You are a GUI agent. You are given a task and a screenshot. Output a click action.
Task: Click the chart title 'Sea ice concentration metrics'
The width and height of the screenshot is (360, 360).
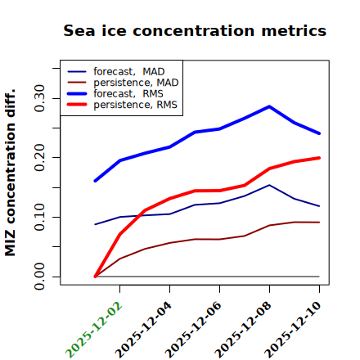[195, 30]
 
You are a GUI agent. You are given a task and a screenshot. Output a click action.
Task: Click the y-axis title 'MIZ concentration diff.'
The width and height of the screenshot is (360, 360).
[10, 173]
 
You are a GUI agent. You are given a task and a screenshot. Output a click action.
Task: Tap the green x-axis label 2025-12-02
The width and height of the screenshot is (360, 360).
[94, 330]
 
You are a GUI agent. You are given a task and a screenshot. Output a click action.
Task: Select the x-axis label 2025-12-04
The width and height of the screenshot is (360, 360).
[143, 330]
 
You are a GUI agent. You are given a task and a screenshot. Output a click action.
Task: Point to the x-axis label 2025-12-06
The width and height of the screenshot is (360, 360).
[193, 330]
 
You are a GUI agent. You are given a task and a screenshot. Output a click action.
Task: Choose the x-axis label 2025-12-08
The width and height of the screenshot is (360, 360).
[243, 330]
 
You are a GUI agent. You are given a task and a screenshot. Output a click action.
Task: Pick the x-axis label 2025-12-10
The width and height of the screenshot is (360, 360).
[293, 330]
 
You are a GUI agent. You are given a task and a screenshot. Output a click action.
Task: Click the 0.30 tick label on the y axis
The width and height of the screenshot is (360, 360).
[40, 98]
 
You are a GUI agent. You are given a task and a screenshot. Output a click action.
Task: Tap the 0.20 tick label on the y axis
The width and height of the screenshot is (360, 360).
[40, 158]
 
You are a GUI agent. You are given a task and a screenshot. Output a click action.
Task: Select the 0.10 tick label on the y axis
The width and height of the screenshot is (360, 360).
[40, 217]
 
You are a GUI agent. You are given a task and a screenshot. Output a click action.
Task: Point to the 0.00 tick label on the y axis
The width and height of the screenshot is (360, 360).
[40, 277]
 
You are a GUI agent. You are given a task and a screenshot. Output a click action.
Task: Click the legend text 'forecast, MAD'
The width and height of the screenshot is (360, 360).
[129, 72]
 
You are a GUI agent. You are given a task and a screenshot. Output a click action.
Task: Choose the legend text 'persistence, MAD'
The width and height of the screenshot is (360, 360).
[136, 83]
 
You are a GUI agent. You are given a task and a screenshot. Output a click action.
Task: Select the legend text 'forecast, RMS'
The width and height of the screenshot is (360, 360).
[128, 93]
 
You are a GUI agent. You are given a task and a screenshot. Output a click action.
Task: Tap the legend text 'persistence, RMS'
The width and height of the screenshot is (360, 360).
[135, 105]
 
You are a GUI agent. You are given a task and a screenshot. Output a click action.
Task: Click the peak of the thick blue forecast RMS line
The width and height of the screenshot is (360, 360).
[269, 106]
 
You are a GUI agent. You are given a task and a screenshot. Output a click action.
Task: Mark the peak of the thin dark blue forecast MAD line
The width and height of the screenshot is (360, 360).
[269, 185]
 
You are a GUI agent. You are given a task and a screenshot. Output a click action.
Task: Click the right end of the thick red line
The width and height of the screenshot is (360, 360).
[319, 158]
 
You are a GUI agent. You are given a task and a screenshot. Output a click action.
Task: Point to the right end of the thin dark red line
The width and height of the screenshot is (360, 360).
[319, 223]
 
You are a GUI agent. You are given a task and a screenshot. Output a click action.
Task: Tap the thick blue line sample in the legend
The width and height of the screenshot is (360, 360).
[77, 94]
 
